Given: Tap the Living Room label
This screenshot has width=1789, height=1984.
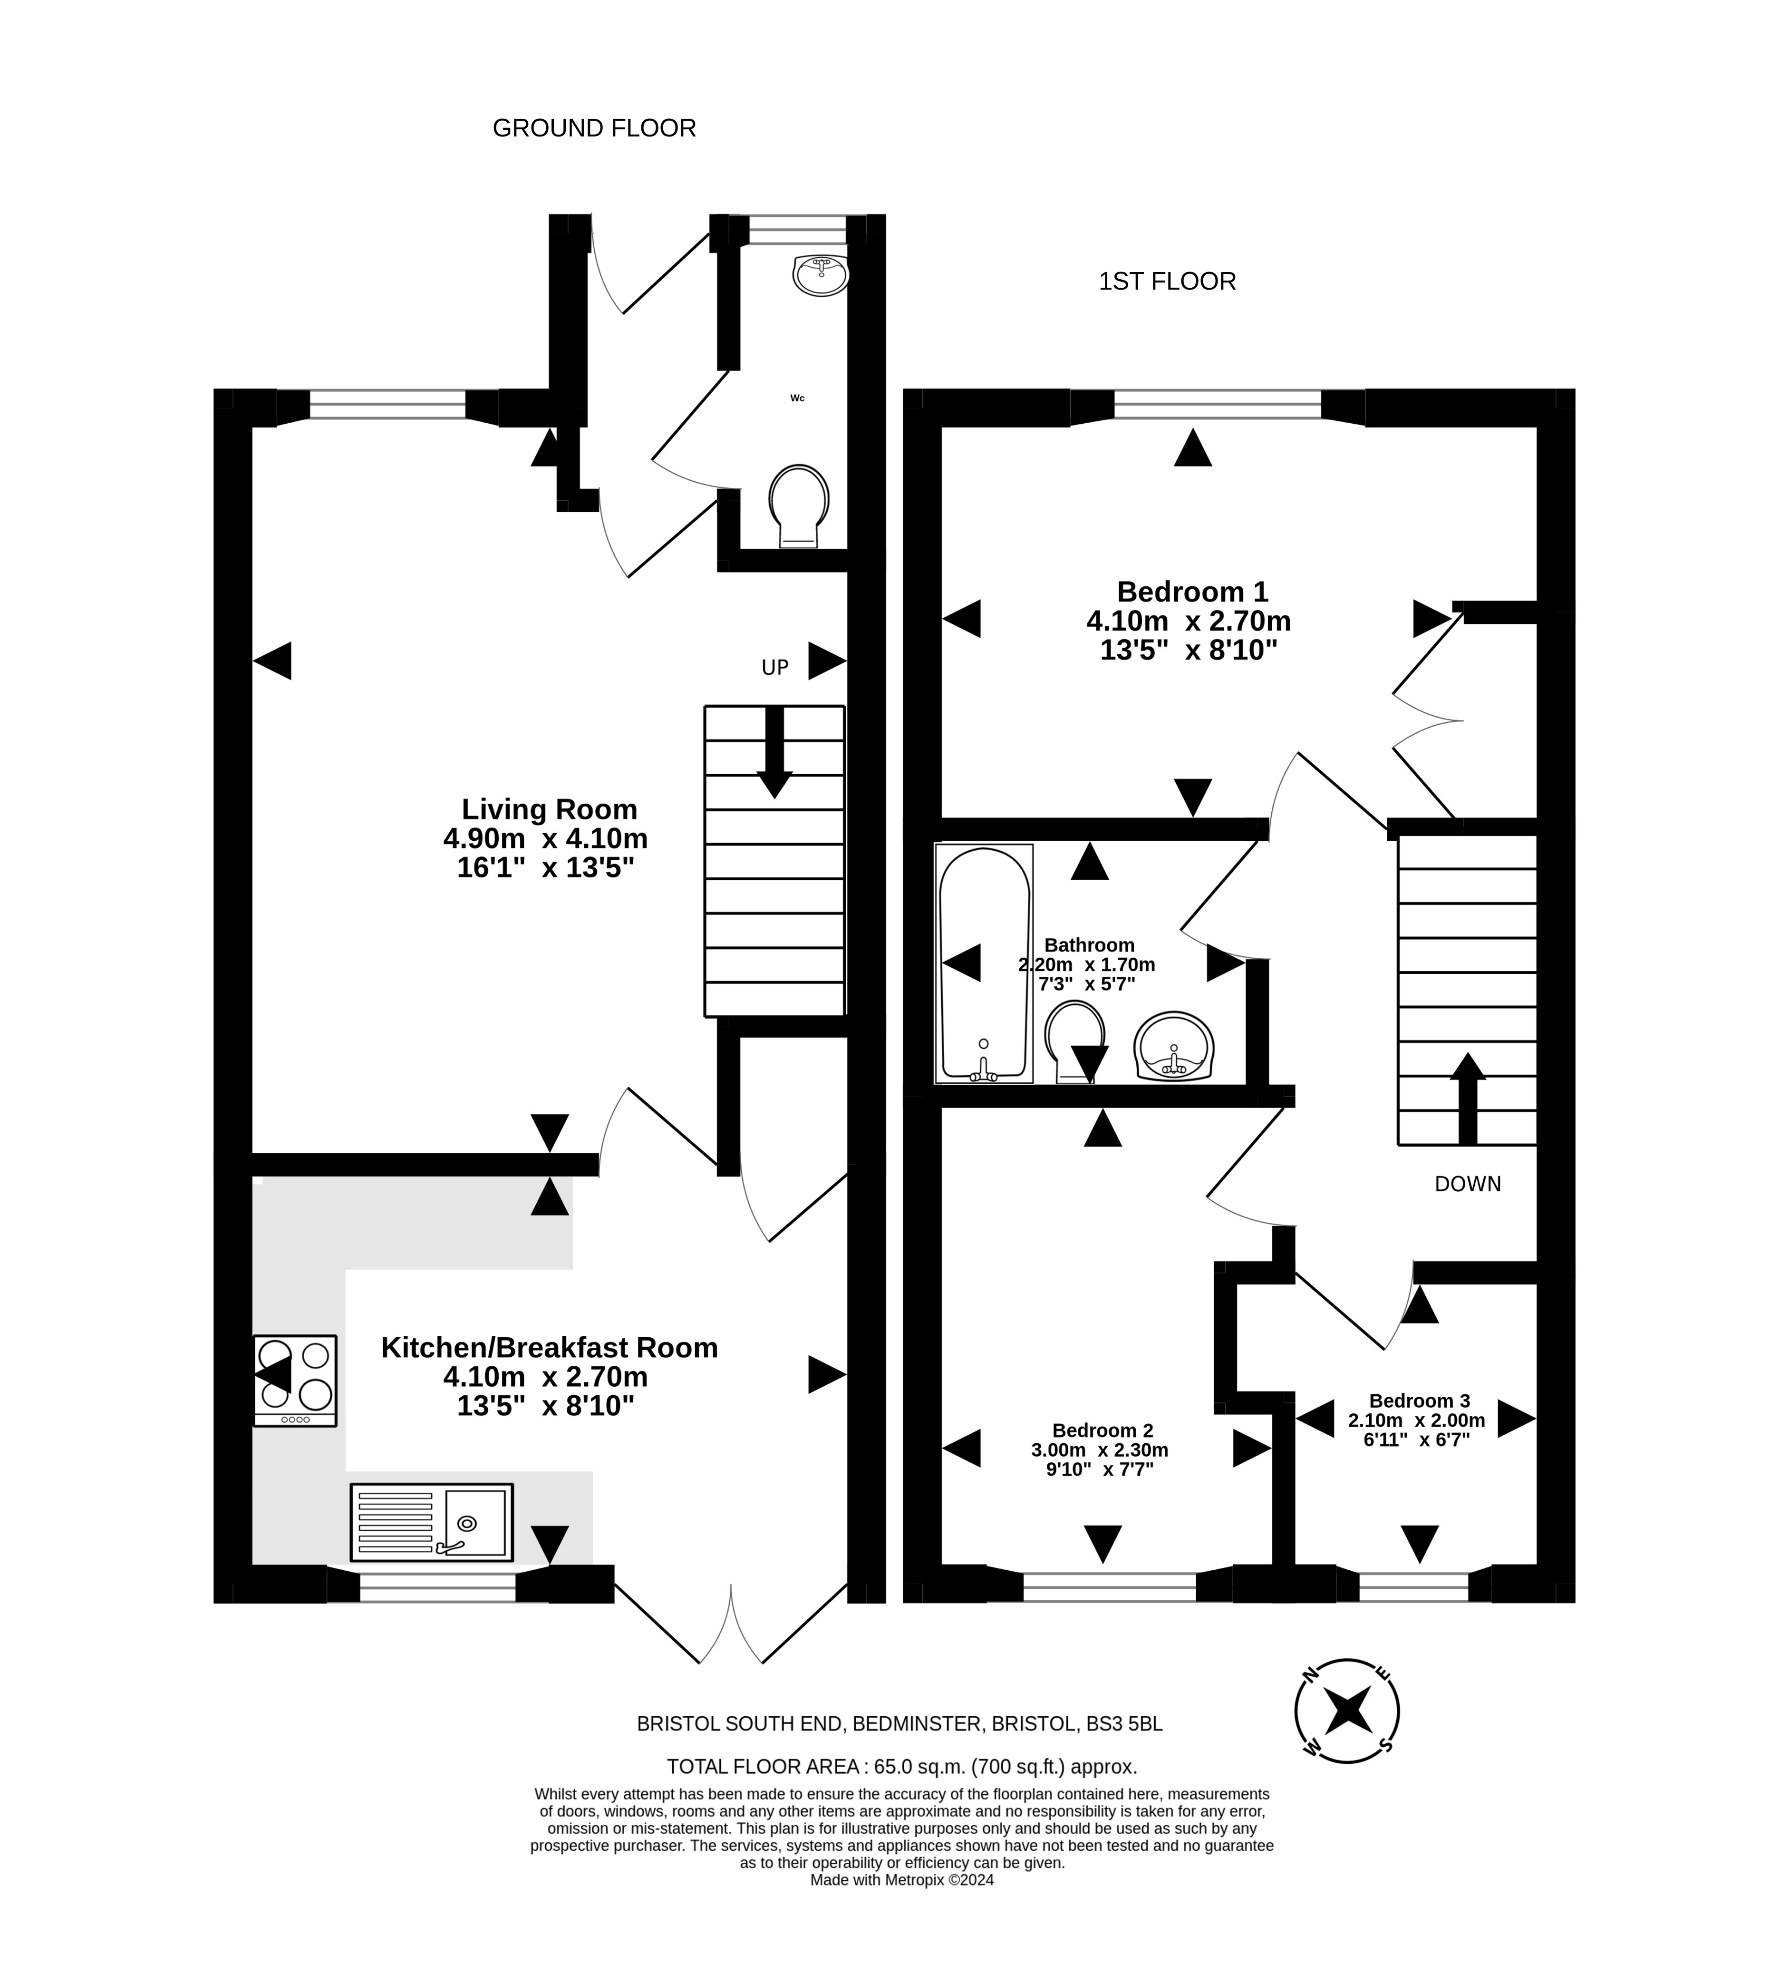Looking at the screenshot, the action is click(x=550, y=809).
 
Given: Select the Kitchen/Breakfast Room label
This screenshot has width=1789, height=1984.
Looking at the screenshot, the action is click(x=550, y=1348).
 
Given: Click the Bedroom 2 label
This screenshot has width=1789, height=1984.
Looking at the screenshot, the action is click(x=1102, y=1430).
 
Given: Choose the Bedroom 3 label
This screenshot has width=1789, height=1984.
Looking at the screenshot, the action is click(x=1420, y=1401).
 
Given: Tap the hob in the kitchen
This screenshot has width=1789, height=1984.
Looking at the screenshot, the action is click(x=295, y=1381).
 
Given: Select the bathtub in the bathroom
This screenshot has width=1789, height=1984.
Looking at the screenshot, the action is click(x=984, y=963).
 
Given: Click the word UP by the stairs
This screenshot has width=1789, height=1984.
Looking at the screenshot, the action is click(x=775, y=668).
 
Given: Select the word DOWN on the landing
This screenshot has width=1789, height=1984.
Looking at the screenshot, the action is click(x=1468, y=1185).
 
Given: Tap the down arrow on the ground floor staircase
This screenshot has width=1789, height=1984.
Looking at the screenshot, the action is click(x=774, y=752).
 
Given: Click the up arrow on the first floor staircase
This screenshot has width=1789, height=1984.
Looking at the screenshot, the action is click(x=1468, y=1098).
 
